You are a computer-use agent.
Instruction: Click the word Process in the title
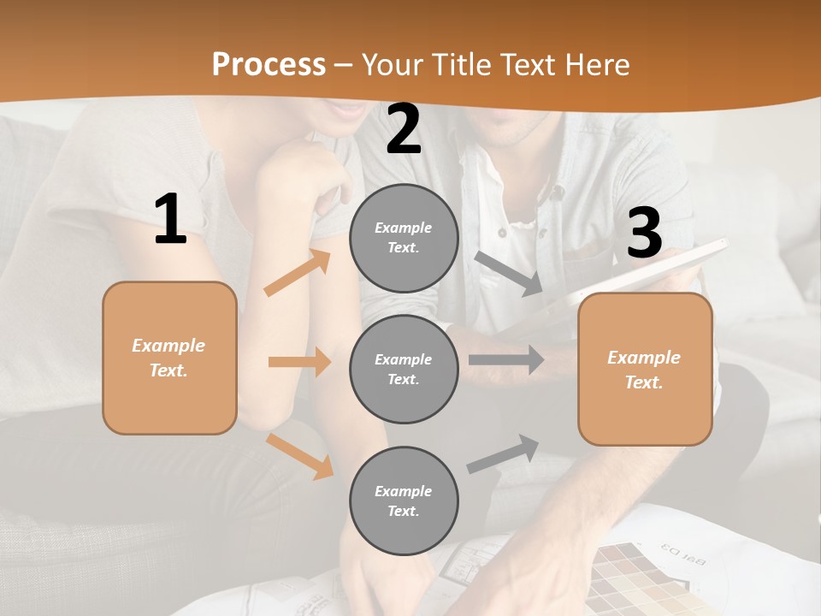[269, 64]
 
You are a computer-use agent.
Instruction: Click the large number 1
[170, 220]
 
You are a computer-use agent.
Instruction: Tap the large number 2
[404, 129]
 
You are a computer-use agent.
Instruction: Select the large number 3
[644, 233]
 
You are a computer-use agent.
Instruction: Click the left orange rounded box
[169, 358]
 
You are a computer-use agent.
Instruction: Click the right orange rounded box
[645, 370]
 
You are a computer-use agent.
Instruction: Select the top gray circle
[404, 238]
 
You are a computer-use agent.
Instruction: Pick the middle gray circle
[404, 370]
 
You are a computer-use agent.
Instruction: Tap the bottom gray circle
[404, 501]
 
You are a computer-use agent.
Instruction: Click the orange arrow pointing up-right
[298, 273]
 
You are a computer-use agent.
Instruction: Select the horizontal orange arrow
[299, 362]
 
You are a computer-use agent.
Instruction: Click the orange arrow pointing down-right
[299, 456]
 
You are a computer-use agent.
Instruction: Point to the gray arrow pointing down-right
[509, 274]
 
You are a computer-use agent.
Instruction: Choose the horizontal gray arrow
[505, 360]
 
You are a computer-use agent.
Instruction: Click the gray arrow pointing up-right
[504, 453]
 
